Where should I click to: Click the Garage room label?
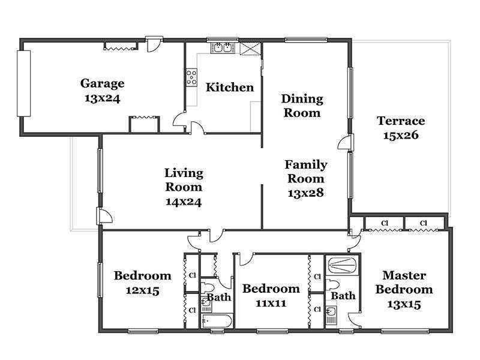pyautogui.click(x=102, y=83)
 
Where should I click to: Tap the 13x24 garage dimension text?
pyautogui.click(x=102, y=98)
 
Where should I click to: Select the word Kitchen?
pyautogui.click(x=230, y=87)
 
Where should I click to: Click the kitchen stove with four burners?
pyautogui.click(x=191, y=77)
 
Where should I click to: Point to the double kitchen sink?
pyautogui.click(x=223, y=48)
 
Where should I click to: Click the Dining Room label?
pyautogui.click(x=302, y=106)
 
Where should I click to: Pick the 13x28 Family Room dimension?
pyautogui.click(x=305, y=193)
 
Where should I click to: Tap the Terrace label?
pyautogui.click(x=401, y=121)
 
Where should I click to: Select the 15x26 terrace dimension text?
pyautogui.click(x=401, y=135)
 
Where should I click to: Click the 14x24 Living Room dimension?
pyautogui.click(x=184, y=202)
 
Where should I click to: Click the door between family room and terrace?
pyautogui.click(x=346, y=143)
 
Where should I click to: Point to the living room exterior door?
pyautogui.click(x=104, y=215)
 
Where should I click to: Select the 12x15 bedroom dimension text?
pyautogui.click(x=142, y=290)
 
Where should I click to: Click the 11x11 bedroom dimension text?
pyautogui.click(x=271, y=304)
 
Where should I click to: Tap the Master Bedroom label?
pyautogui.click(x=404, y=282)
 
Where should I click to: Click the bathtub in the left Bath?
pyautogui.click(x=217, y=321)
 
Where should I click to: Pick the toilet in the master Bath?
pyautogui.click(x=332, y=284)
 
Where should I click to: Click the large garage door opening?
pyautogui.click(x=23, y=83)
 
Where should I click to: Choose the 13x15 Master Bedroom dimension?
pyautogui.click(x=404, y=304)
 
